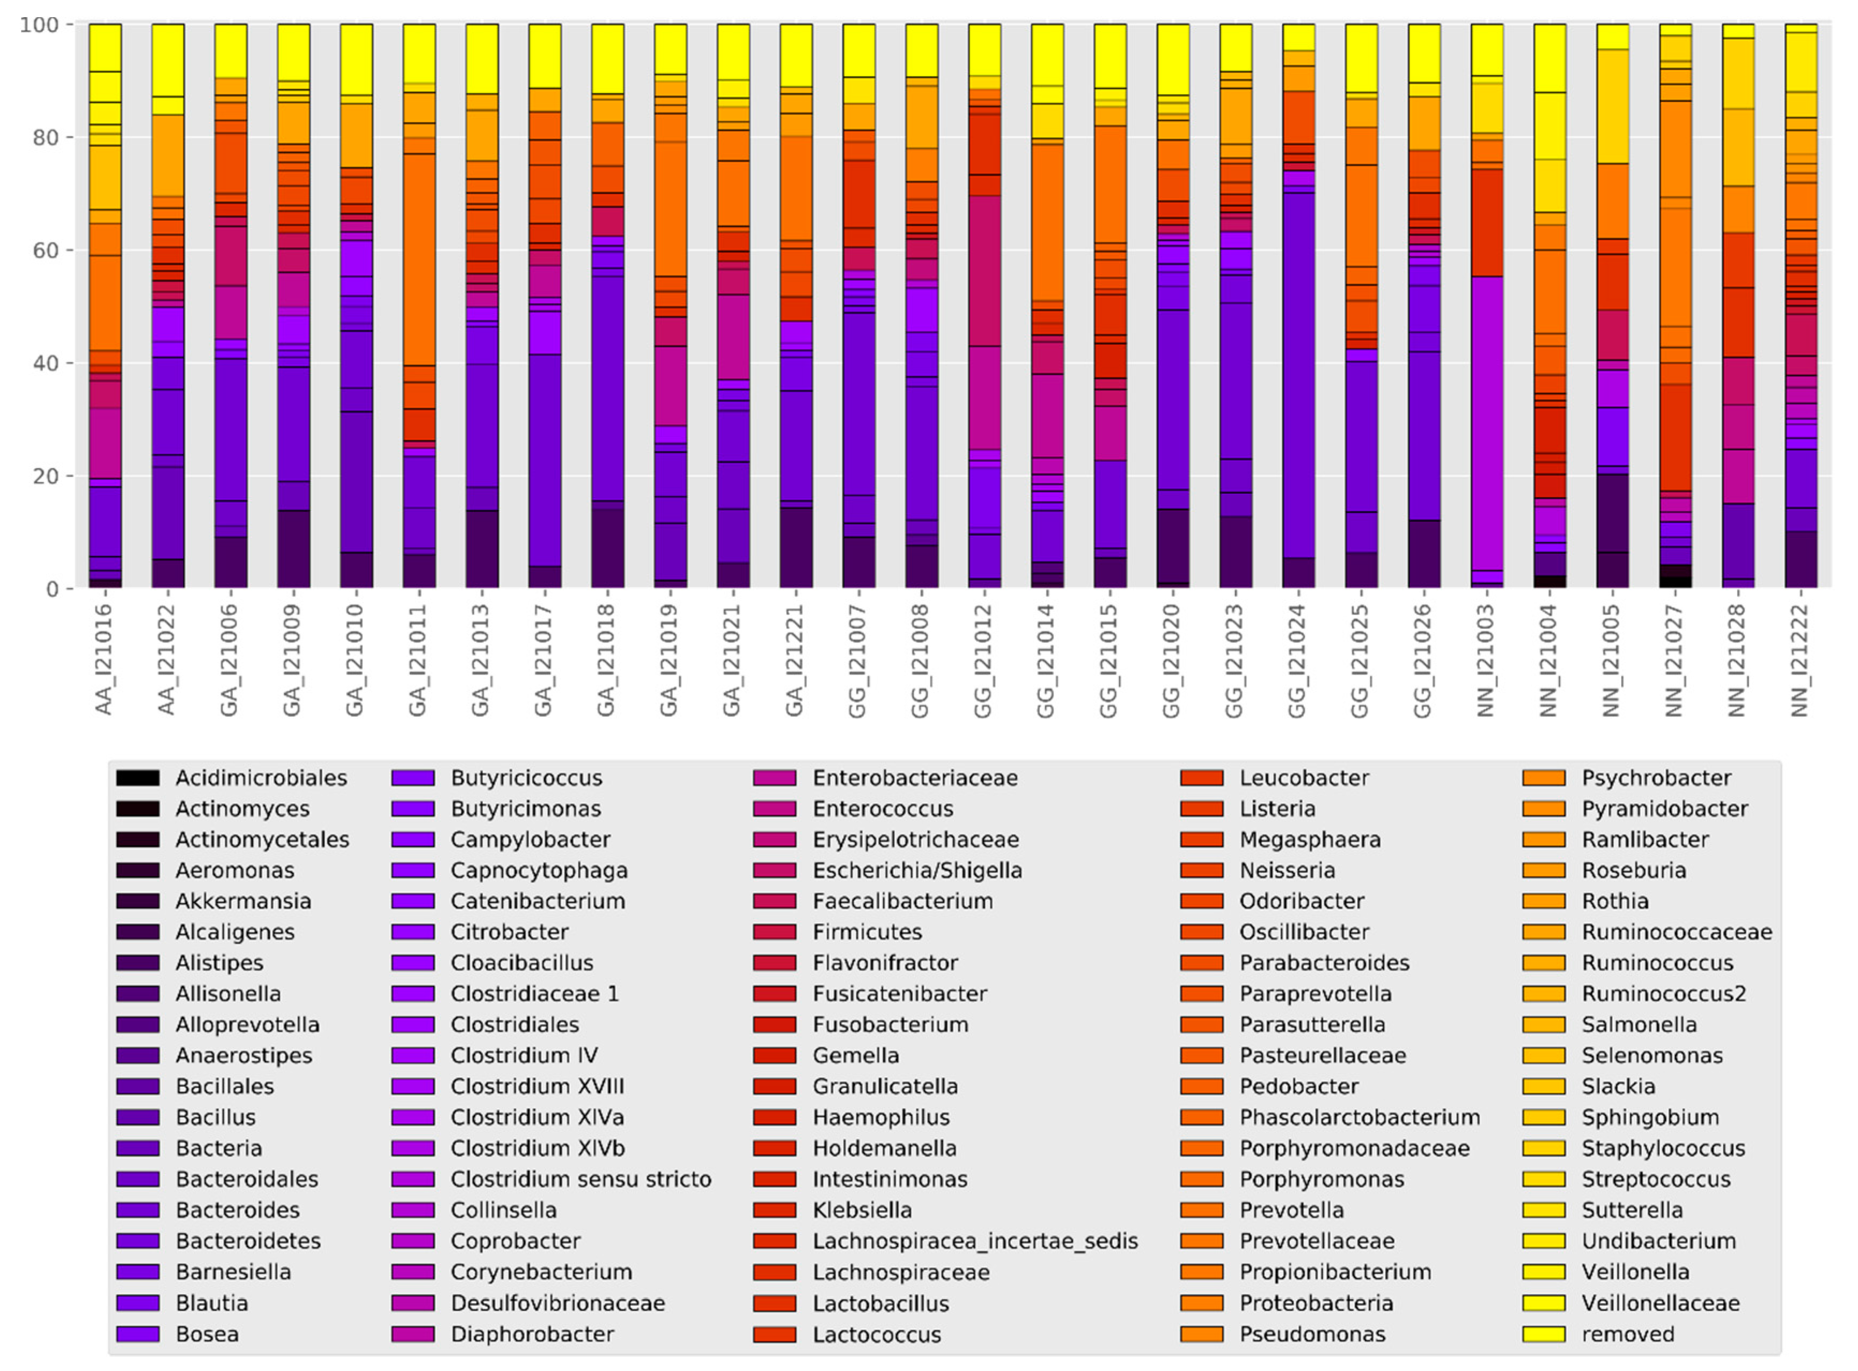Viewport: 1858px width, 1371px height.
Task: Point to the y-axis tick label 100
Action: click(x=39, y=25)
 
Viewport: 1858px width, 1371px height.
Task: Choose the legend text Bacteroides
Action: click(x=238, y=1210)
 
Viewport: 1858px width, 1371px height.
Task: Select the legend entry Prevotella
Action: click(x=1291, y=1210)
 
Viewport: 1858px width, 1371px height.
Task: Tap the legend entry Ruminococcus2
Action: click(x=1663, y=994)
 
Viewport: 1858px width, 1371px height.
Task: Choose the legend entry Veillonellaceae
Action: click(x=1659, y=1303)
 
